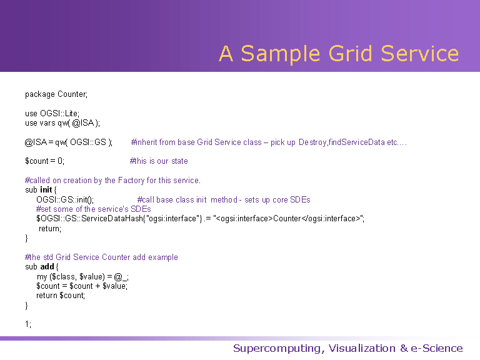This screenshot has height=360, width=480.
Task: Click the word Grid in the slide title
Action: click(x=350, y=53)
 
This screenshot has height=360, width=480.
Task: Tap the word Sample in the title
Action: click(x=281, y=53)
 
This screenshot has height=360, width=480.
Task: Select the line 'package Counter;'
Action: click(x=56, y=94)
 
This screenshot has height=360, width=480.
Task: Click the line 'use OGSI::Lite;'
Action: click(x=52, y=114)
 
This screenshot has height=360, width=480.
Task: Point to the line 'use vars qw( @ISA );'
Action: click(x=62, y=123)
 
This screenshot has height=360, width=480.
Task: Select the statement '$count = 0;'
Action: click(x=45, y=161)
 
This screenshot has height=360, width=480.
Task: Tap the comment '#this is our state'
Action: click(x=159, y=161)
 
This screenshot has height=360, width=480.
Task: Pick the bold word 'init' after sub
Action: click(x=46, y=190)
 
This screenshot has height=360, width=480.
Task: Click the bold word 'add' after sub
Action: click(x=47, y=267)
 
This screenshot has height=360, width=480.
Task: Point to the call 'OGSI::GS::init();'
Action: click(x=65, y=200)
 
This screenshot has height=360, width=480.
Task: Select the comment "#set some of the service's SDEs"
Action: click(x=93, y=209)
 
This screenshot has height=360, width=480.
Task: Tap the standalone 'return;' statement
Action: click(x=50, y=228)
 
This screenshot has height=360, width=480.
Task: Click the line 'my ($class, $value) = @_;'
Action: click(x=82, y=277)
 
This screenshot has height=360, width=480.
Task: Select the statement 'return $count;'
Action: click(x=61, y=296)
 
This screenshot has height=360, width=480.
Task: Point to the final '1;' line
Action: click(x=28, y=324)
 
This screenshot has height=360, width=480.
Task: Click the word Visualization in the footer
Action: click(x=362, y=348)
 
